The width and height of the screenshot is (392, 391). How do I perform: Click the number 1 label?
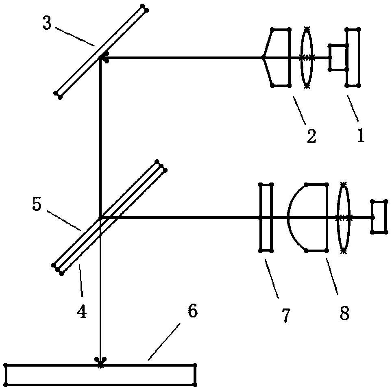[359, 135]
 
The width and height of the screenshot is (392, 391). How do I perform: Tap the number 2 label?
[311, 137]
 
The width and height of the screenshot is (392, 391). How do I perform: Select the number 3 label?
[48, 24]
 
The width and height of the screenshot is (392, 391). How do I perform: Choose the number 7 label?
[286, 315]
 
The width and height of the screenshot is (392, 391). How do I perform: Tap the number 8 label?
[344, 313]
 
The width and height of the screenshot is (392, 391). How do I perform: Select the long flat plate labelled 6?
[100, 374]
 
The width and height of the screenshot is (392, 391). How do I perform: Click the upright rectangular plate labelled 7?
[266, 218]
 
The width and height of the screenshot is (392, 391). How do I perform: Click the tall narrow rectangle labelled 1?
[353, 57]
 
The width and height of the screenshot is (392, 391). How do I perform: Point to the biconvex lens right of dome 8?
[343, 218]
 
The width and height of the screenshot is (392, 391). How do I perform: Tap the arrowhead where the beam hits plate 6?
[100, 361]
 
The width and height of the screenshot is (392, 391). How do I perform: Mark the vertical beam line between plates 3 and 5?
[100, 134]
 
